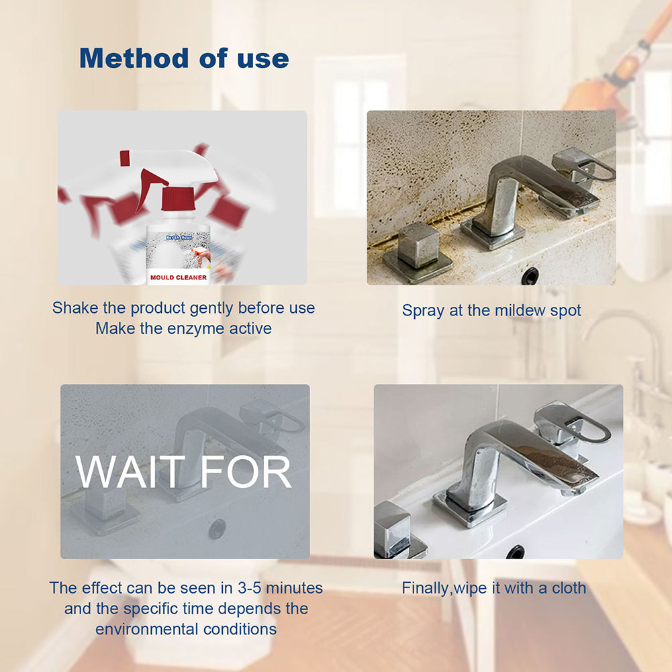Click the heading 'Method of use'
[x=184, y=58]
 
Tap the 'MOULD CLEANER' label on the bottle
[x=179, y=277]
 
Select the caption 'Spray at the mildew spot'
[x=491, y=310]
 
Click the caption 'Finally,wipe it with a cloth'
[x=493, y=588]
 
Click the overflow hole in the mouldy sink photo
[x=530, y=275]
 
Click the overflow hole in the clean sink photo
[x=516, y=552]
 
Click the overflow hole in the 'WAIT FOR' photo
[x=217, y=528]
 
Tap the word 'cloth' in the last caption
[x=567, y=588]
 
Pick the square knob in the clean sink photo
[x=393, y=527]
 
